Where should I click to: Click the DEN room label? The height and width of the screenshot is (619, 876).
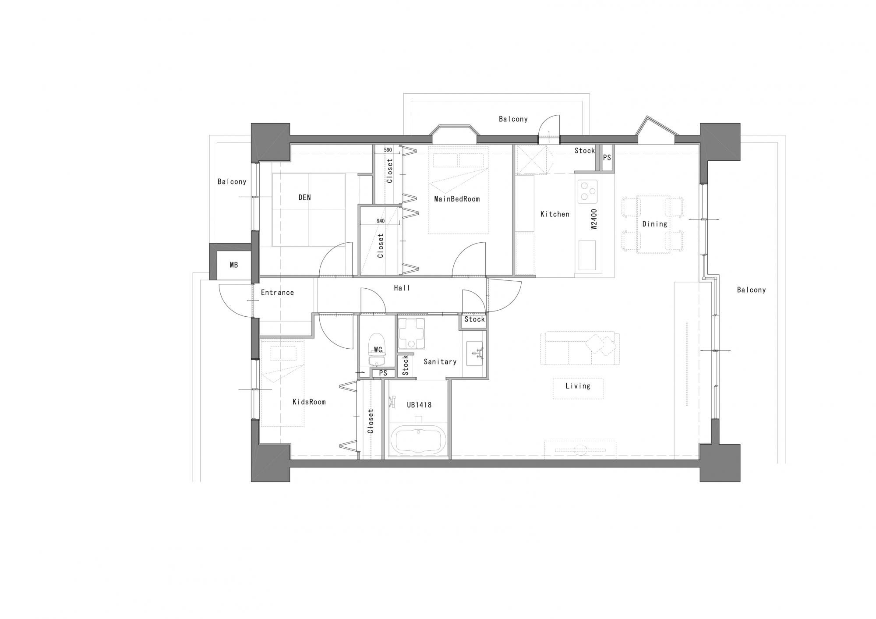(x=305, y=198)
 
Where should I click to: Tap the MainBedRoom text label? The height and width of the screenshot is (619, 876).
(x=457, y=199)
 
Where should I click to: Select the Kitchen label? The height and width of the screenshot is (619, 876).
(x=555, y=214)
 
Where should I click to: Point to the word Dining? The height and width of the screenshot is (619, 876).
(x=655, y=224)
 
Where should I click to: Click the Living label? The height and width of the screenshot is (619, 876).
(x=578, y=386)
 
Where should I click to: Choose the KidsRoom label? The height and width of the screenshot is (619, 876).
(x=309, y=402)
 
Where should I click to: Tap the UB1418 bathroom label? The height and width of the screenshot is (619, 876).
(x=419, y=405)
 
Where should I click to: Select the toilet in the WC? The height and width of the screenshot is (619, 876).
(x=377, y=350)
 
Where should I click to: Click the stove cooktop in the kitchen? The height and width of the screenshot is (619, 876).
(x=587, y=191)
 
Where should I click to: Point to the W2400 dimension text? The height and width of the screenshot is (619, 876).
(x=594, y=219)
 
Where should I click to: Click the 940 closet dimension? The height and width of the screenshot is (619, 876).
(x=381, y=221)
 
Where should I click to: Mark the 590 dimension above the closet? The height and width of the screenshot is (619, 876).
(x=388, y=150)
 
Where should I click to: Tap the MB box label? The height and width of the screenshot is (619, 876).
(x=234, y=265)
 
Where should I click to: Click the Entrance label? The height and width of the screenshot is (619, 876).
(x=277, y=293)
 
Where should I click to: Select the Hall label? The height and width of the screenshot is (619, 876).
(x=402, y=288)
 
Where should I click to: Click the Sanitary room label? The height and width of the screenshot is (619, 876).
(x=440, y=361)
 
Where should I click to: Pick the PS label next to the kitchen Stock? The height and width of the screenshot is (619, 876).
(x=607, y=158)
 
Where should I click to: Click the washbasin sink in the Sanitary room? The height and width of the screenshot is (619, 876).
(x=474, y=354)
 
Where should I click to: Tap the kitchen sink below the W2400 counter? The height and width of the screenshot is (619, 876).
(x=587, y=255)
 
